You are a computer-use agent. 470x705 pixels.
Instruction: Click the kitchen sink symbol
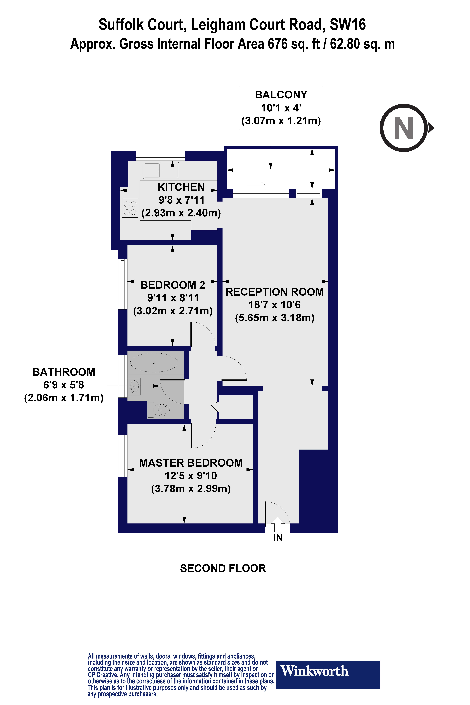(161, 170)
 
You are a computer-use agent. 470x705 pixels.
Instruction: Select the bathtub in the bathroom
(154, 363)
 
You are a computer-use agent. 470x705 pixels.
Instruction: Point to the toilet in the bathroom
(161, 410)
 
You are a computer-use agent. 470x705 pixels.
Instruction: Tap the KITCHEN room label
(181, 187)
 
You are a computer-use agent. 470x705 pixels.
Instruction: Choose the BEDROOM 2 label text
(173, 285)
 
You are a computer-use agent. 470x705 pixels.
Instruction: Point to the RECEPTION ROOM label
(275, 292)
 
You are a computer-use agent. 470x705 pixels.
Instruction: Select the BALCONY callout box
(281, 108)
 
